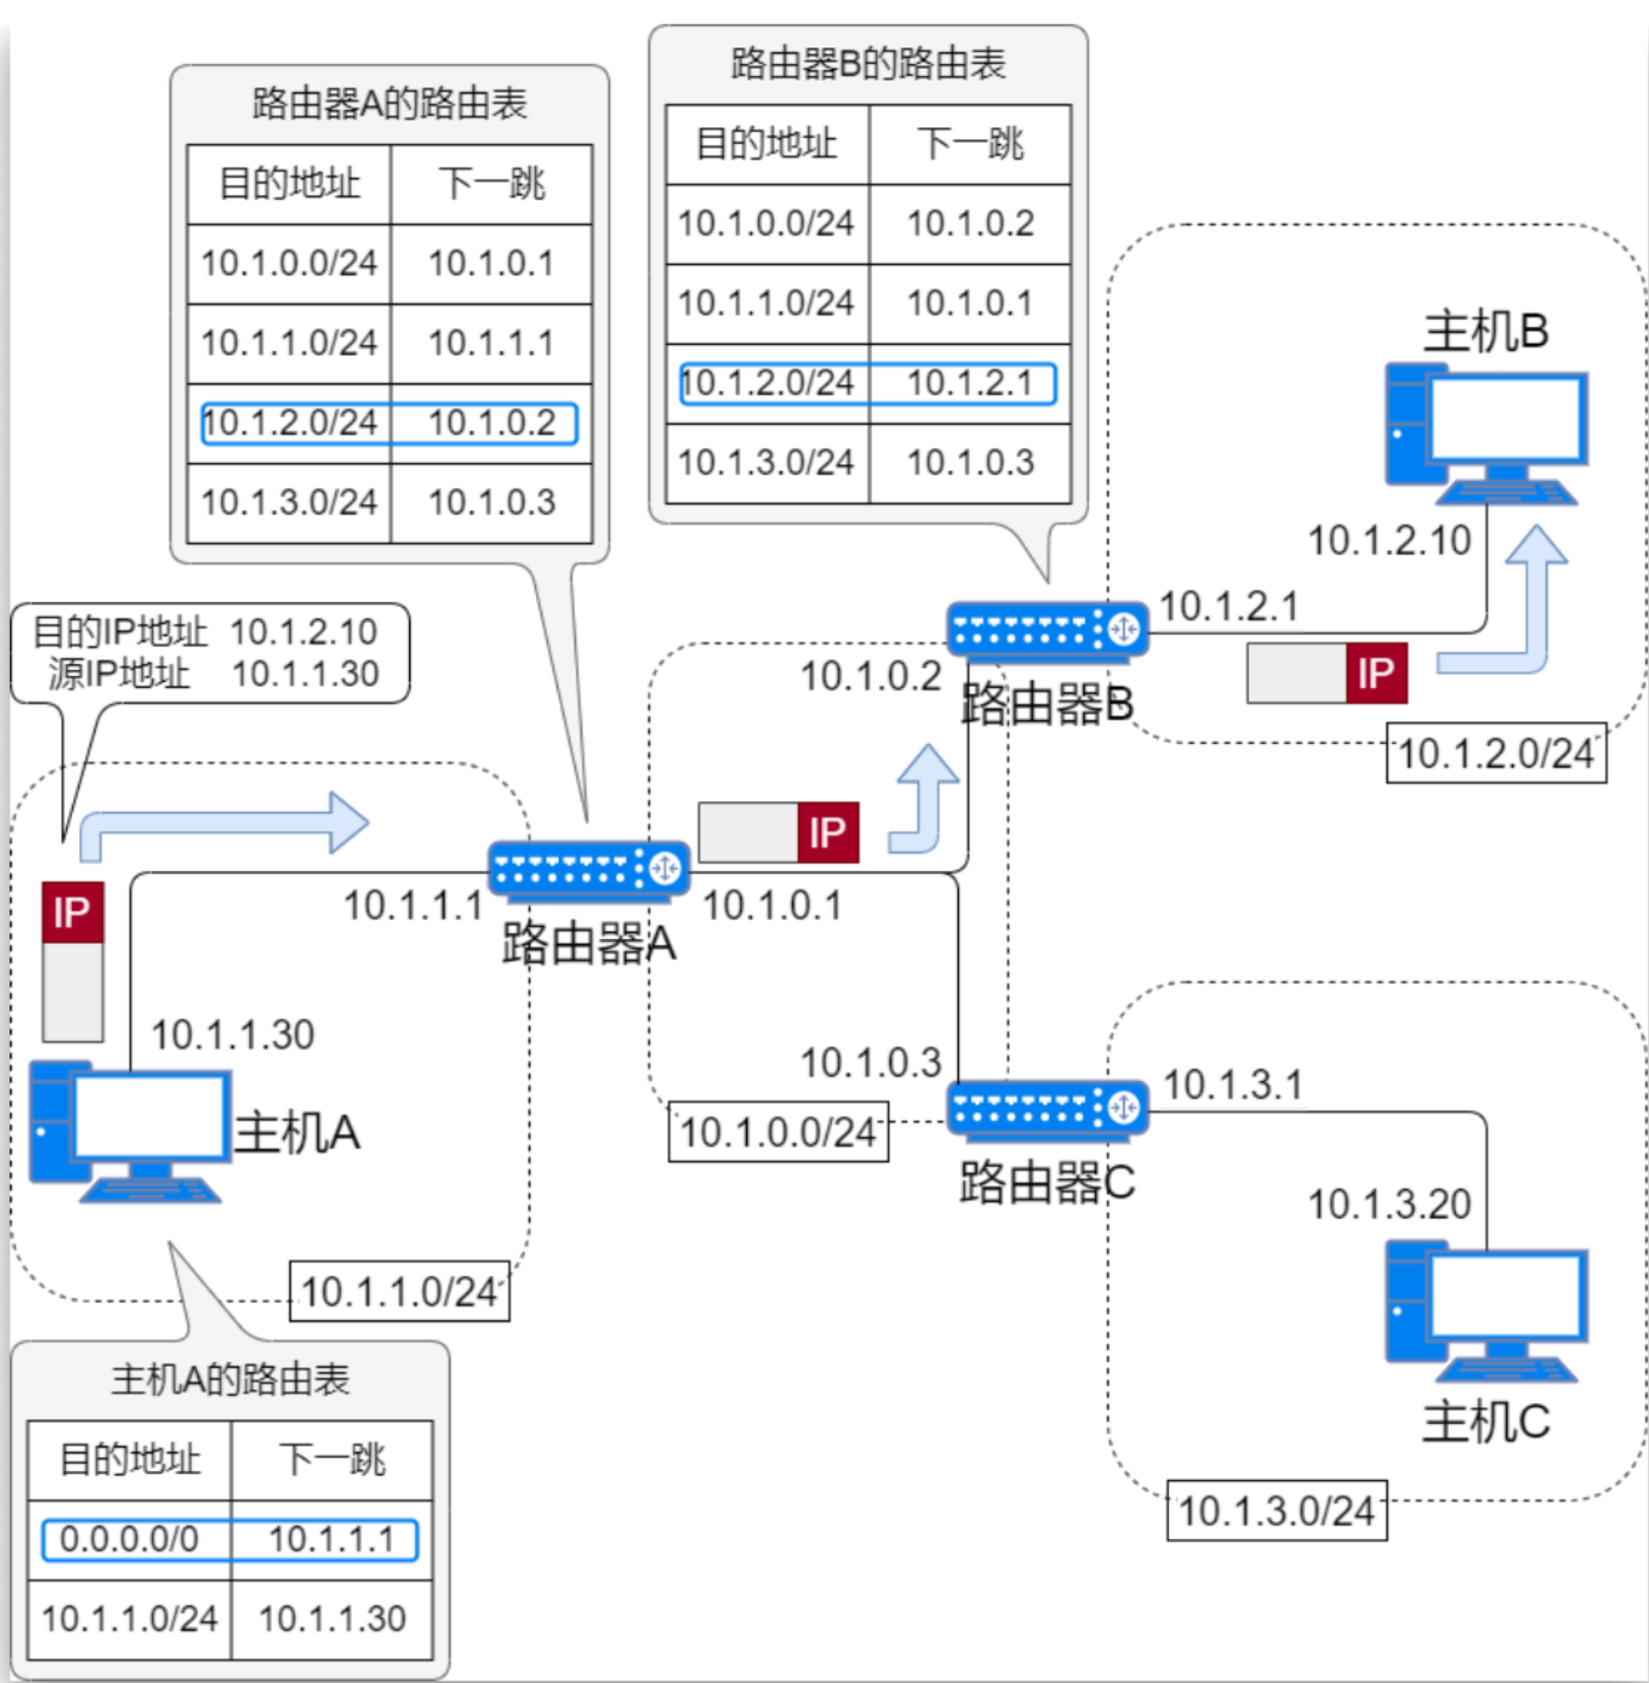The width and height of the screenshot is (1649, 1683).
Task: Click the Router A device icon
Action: click(x=588, y=870)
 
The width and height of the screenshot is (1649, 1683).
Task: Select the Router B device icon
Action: click(x=1047, y=630)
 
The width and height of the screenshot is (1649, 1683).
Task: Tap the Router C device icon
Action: click(x=1047, y=1109)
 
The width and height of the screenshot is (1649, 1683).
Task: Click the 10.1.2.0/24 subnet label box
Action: click(x=1495, y=754)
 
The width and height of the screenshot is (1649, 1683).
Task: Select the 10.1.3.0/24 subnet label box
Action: click(x=1275, y=1511)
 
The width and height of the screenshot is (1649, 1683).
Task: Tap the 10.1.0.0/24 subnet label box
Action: click(x=778, y=1132)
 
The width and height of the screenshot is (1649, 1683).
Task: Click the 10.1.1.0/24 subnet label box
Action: click(x=398, y=1292)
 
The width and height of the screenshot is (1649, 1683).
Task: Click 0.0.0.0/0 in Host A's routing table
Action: click(x=129, y=1539)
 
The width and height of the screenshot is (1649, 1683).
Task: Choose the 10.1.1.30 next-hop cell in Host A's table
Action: click(x=332, y=1619)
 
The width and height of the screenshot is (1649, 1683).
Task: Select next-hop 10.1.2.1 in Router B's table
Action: click(x=970, y=383)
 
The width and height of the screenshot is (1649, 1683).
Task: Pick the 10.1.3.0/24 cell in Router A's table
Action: click(x=289, y=503)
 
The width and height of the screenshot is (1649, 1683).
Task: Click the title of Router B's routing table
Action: click(x=867, y=64)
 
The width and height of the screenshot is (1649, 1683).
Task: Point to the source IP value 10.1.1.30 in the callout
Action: click(x=306, y=674)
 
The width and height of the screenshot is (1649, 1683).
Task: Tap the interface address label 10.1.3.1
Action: click(x=1233, y=1085)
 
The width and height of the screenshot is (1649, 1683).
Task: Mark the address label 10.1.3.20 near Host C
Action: click(x=1389, y=1204)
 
